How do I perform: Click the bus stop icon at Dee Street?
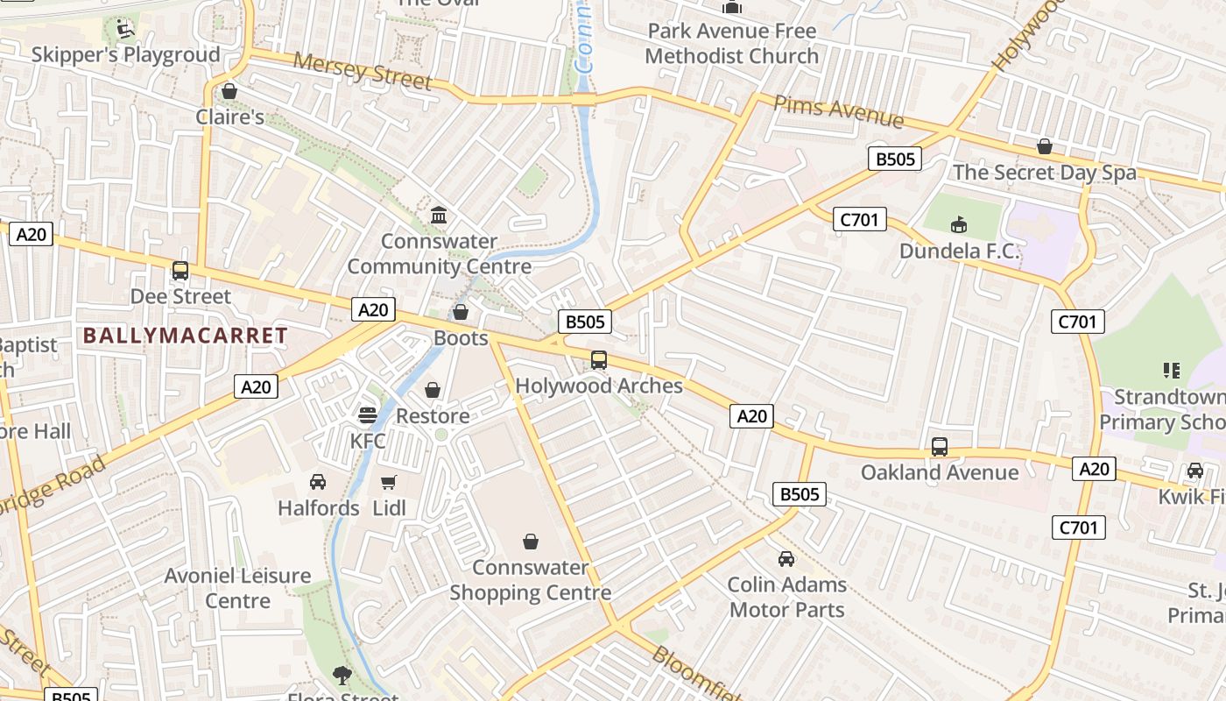(x=180, y=271)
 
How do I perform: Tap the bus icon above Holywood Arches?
(x=599, y=360)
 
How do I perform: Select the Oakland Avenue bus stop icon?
(x=940, y=447)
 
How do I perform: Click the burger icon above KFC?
(x=368, y=414)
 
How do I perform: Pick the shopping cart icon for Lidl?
(x=389, y=482)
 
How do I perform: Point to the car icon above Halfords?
(x=318, y=482)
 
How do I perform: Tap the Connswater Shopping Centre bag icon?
(x=530, y=542)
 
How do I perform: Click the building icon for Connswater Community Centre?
(x=439, y=215)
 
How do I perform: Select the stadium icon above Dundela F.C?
(x=960, y=225)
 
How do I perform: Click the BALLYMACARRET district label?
(x=186, y=336)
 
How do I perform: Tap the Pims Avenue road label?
(x=838, y=111)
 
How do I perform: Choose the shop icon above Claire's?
(x=229, y=91)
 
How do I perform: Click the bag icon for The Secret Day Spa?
(x=1045, y=146)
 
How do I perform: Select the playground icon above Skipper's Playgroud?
(x=125, y=29)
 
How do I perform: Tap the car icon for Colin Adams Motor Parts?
(x=786, y=559)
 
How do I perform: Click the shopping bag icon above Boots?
(x=461, y=312)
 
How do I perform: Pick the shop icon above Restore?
(x=433, y=390)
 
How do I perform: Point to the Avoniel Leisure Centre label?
(x=238, y=588)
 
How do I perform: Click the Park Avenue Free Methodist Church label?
(x=731, y=43)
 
